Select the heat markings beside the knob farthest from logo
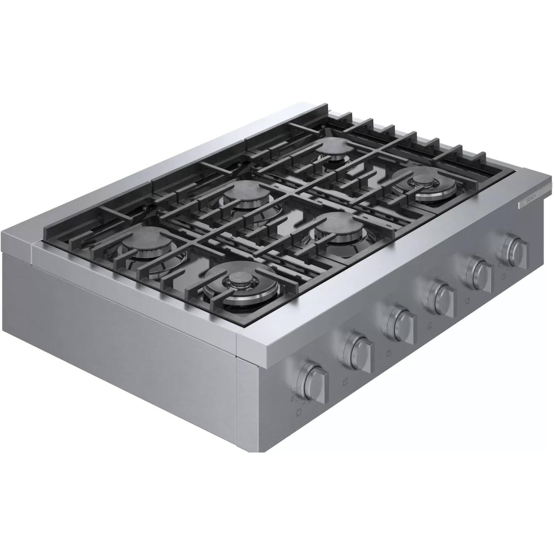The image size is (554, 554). coord(295,392)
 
